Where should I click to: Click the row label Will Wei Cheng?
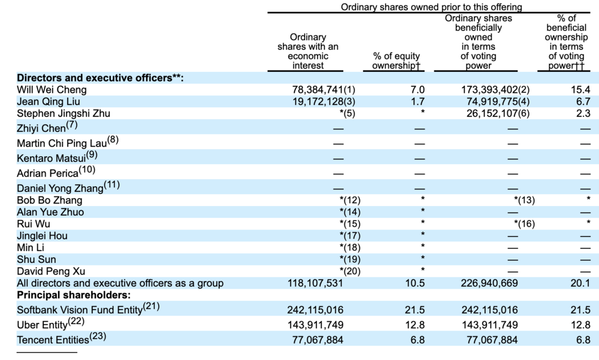tap(52, 90)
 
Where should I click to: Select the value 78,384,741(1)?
tap(323, 90)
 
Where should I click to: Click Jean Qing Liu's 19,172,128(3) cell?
tap(323, 101)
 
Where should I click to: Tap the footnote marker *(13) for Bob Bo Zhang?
tap(524, 200)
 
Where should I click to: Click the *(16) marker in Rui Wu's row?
tap(524, 224)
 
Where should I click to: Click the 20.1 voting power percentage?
tap(580, 283)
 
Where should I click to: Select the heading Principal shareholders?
tap(74, 295)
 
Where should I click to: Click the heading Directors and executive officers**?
tap(100, 78)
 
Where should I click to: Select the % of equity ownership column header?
tap(397, 60)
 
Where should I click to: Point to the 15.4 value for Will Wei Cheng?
tap(580, 90)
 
